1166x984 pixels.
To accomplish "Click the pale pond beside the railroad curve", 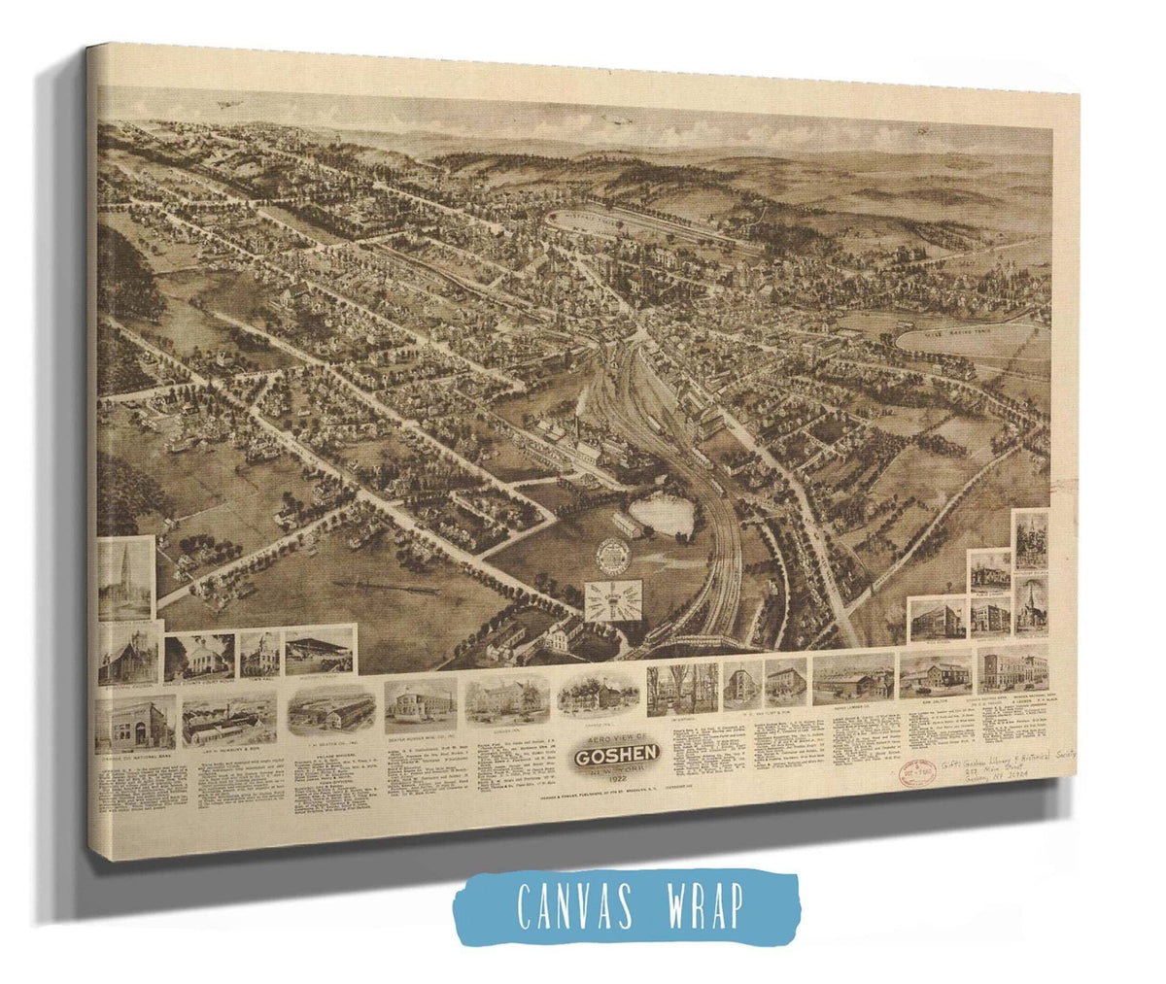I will tap(661, 514).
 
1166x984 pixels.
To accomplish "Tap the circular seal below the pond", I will tap(614, 556).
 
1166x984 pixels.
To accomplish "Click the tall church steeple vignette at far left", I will tap(126, 578).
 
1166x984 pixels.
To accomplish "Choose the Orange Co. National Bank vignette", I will tap(135, 723).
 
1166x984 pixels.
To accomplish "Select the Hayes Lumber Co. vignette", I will tap(853, 678).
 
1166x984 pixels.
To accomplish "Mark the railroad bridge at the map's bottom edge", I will tap(700, 642).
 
